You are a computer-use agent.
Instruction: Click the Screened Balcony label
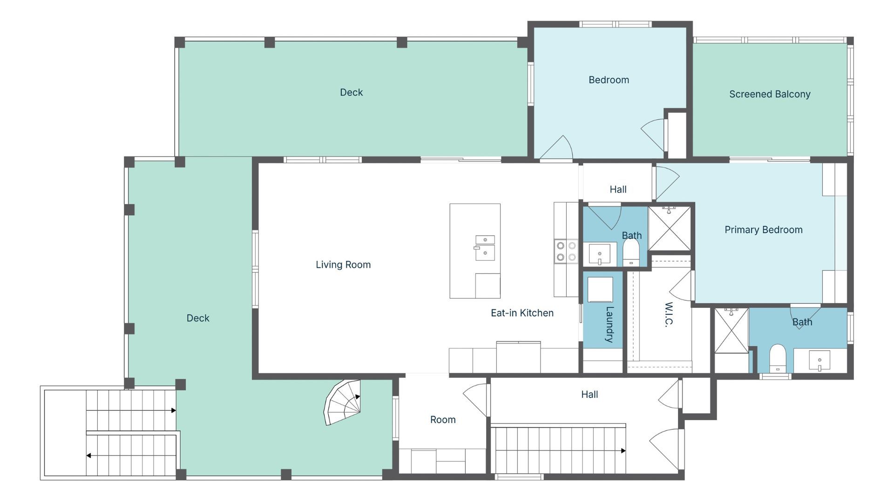pos(770,94)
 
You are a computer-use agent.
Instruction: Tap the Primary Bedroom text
pos(764,230)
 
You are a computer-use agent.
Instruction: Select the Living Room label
pos(343,265)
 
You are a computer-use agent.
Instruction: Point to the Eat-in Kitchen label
pos(522,313)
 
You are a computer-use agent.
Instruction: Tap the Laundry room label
pos(609,324)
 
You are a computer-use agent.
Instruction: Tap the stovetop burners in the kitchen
pos(566,251)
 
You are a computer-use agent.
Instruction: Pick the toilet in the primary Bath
pos(778,359)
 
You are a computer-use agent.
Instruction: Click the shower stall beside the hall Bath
pos(669,229)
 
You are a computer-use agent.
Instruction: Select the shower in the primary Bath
pos(731,330)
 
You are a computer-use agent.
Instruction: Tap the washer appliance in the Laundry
pos(600,290)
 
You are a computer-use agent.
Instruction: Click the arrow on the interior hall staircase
pos(559,451)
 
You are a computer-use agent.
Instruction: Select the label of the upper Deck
pos(351,92)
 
